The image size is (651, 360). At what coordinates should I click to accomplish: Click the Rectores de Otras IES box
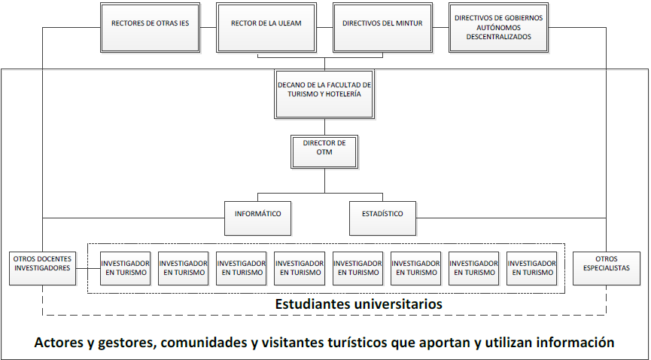coord(150,24)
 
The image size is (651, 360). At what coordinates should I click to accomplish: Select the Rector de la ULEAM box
coord(266,24)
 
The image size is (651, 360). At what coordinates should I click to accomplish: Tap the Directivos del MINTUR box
coord(382,24)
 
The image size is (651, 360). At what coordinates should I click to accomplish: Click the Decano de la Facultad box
coord(324,90)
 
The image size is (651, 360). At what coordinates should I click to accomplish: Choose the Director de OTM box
coord(324,148)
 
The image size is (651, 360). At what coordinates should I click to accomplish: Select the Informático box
coord(258,214)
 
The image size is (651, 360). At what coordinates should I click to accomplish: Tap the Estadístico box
coord(382,214)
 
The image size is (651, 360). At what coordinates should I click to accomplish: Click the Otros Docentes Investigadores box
coord(43,264)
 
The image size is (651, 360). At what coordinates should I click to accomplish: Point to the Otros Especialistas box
coord(607,264)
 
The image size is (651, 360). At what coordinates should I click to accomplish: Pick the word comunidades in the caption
coord(201,343)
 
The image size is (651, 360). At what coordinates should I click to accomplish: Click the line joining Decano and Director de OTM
coord(324,127)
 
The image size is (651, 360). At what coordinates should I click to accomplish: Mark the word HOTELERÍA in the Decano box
coord(341,95)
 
